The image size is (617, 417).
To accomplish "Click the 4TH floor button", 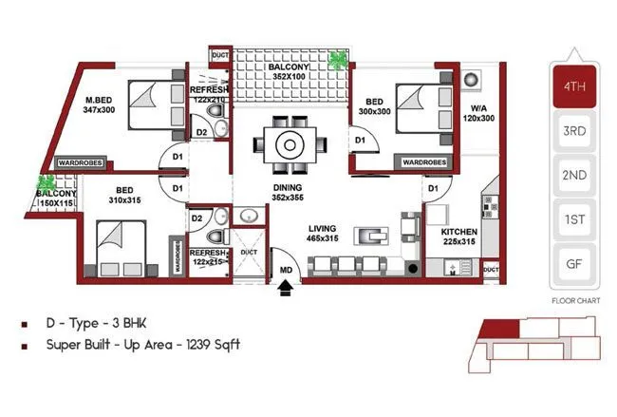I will point(572,85).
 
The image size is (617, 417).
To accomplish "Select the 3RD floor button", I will point(572,131).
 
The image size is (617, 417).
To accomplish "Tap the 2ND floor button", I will point(572,175).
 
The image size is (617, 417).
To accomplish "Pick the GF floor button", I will point(572,263).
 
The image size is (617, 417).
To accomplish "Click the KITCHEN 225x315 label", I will point(459,236).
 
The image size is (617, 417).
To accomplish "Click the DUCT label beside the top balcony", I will point(219,56).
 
